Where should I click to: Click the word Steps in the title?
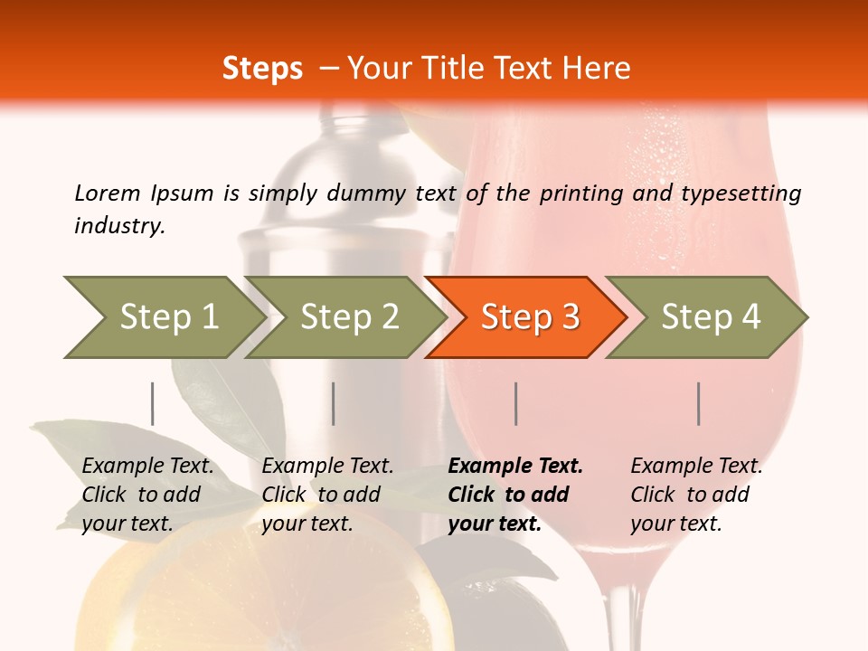262,69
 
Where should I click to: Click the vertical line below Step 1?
153,403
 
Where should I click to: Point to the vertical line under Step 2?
334,403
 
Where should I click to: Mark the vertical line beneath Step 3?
516,403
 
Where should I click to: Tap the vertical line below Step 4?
699,403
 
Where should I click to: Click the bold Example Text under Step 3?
515,495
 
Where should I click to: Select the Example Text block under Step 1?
147,495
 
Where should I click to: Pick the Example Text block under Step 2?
327,495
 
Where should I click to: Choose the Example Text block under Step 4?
696,495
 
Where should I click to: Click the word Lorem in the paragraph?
108,193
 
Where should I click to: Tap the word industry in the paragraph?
119,226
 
